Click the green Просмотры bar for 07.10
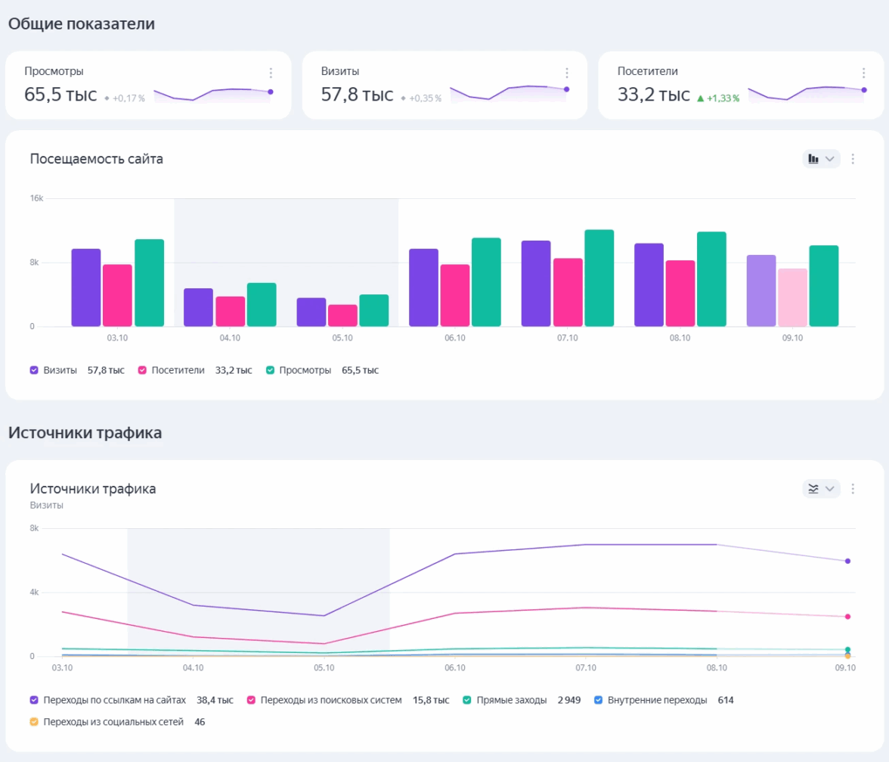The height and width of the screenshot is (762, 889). click(599, 278)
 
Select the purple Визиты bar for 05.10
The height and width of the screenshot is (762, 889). click(311, 313)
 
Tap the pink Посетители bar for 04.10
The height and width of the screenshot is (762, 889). click(230, 312)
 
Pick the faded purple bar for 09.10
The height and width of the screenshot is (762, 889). click(761, 291)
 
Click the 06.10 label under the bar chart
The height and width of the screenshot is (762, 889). click(455, 338)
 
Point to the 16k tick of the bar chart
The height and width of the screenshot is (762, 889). click(36, 198)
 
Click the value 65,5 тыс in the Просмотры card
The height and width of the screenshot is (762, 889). click(60, 95)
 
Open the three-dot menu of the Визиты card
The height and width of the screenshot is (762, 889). click(567, 73)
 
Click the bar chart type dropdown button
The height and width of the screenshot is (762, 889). click(821, 159)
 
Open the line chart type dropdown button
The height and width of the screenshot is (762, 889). click(821, 489)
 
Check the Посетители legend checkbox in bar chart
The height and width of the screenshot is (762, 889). click(141, 371)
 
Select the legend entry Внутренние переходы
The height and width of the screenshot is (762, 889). click(656, 700)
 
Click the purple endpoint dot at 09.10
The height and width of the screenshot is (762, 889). click(847, 561)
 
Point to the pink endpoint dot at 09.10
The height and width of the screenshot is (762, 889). click(847, 617)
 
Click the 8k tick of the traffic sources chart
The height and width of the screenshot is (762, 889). click(35, 528)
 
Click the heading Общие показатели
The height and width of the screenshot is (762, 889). click(82, 24)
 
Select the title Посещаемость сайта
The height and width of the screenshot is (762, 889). click(97, 159)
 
